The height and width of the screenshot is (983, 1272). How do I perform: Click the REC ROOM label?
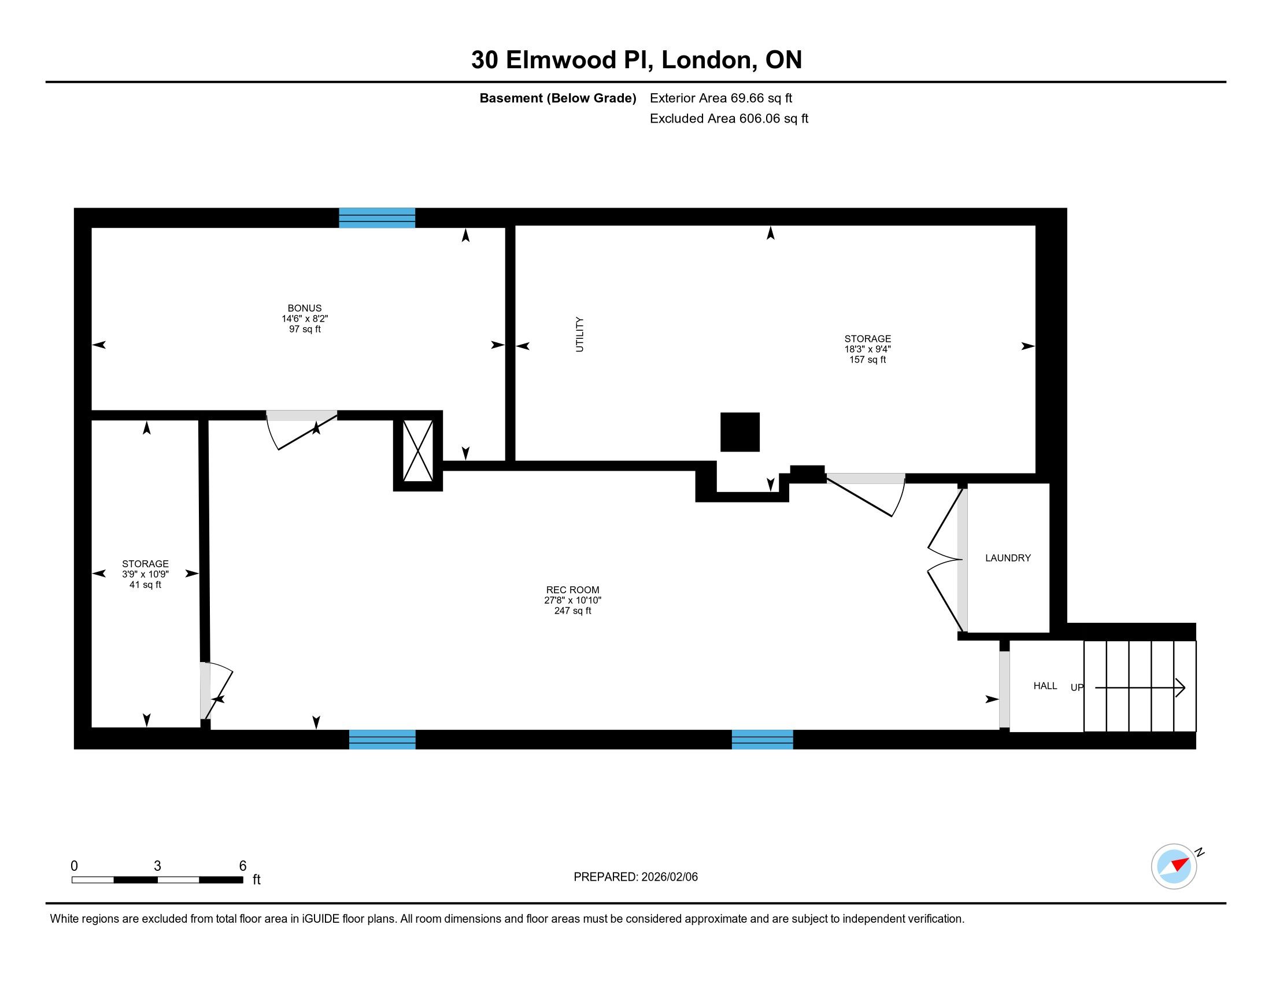[x=572, y=590]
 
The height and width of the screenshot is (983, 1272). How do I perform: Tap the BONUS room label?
[x=305, y=308]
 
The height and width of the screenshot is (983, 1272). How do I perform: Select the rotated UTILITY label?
[x=579, y=334]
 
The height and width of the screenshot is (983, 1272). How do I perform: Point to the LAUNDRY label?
[x=1008, y=558]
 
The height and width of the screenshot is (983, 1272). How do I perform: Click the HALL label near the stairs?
[x=1045, y=686]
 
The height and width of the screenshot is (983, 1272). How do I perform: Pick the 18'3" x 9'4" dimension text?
[x=868, y=349]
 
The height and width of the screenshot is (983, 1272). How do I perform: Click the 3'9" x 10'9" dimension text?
[x=145, y=574]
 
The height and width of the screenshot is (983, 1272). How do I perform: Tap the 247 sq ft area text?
[x=572, y=611]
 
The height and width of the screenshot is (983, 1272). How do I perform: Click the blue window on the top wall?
[x=377, y=218]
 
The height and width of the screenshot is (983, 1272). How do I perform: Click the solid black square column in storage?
[x=739, y=432]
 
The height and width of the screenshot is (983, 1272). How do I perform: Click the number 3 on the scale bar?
[x=157, y=866]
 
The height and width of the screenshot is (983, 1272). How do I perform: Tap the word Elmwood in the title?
[x=561, y=60]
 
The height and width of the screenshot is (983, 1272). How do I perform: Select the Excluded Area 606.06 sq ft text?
[x=729, y=119]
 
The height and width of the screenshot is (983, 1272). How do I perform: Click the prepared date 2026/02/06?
[x=669, y=877]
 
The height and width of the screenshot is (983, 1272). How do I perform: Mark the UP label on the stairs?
[x=1077, y=688]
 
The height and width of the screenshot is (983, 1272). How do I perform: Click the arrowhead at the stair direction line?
[x=1181, y=688]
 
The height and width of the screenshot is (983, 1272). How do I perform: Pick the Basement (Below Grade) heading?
[x=557, y=98]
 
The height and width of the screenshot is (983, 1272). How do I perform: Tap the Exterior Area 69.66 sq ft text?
[x=721, y=98]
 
